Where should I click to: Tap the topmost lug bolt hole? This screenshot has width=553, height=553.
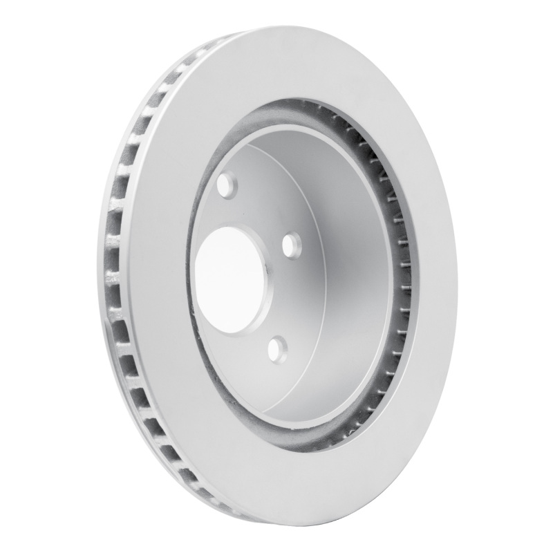(x=225, y=185)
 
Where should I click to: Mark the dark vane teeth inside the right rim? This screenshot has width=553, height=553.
(x=398, y=276)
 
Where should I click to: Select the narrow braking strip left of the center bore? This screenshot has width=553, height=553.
(x=166, y=276)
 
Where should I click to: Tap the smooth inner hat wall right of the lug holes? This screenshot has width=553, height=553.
(x=346, y=276)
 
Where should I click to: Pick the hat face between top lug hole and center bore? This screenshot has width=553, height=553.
(x=228, y=211)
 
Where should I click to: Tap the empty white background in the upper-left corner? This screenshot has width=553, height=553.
(x=41, y=41)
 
